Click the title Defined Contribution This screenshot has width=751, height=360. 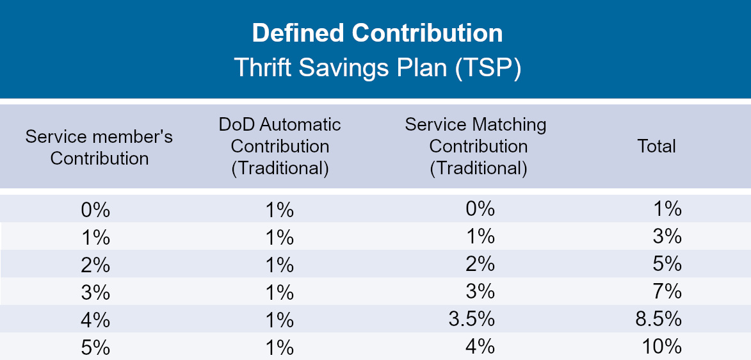pyautogui.click(x=377, y=33)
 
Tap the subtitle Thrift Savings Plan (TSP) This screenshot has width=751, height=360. pyautogui.click(x=377, y=68)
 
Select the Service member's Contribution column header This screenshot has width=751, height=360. pyautogui.click(x=99, y=147)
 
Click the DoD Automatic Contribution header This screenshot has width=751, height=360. pyautogui.click(x=280, y=147)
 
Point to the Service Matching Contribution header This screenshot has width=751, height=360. pyautogui.click(x=476, y=147)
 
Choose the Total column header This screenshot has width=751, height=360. pyautogui.click(x=656, y=147)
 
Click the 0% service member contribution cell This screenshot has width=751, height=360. pyautogui.click(x=96, y=210)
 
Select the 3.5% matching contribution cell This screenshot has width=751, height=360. pyautogui.click(x=472, y=320)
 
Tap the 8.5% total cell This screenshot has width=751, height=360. pyautogui.click(x=659, y=320)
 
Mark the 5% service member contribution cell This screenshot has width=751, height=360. pyautogui.click(x=96, y=347)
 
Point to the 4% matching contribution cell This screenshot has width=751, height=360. pyautogui.click(x=480, y=347)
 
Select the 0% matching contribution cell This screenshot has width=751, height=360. pyautogui.click(x=480, y=209)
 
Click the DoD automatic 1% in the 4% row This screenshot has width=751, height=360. pyautogui.click(x=279, y=320)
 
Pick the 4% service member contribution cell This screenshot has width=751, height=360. pyautogui.click(x=96, y=320)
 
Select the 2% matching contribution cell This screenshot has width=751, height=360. pyautogui.click(x=480, y=264)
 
